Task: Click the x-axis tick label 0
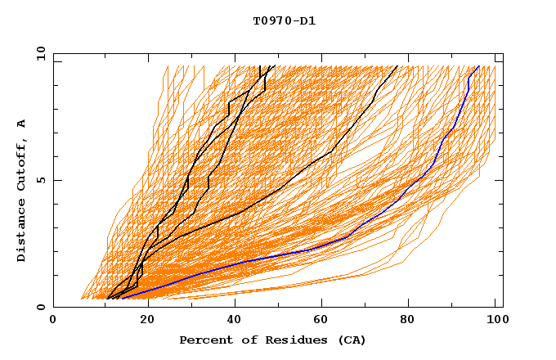[54, 322]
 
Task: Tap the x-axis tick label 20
[142, 322]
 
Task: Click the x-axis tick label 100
[495, 322]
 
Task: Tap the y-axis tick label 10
[40, 54]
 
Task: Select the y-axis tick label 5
[43, 180]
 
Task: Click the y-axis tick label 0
[43, 307]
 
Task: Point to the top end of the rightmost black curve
[397, 66]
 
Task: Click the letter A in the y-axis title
[22, 123]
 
